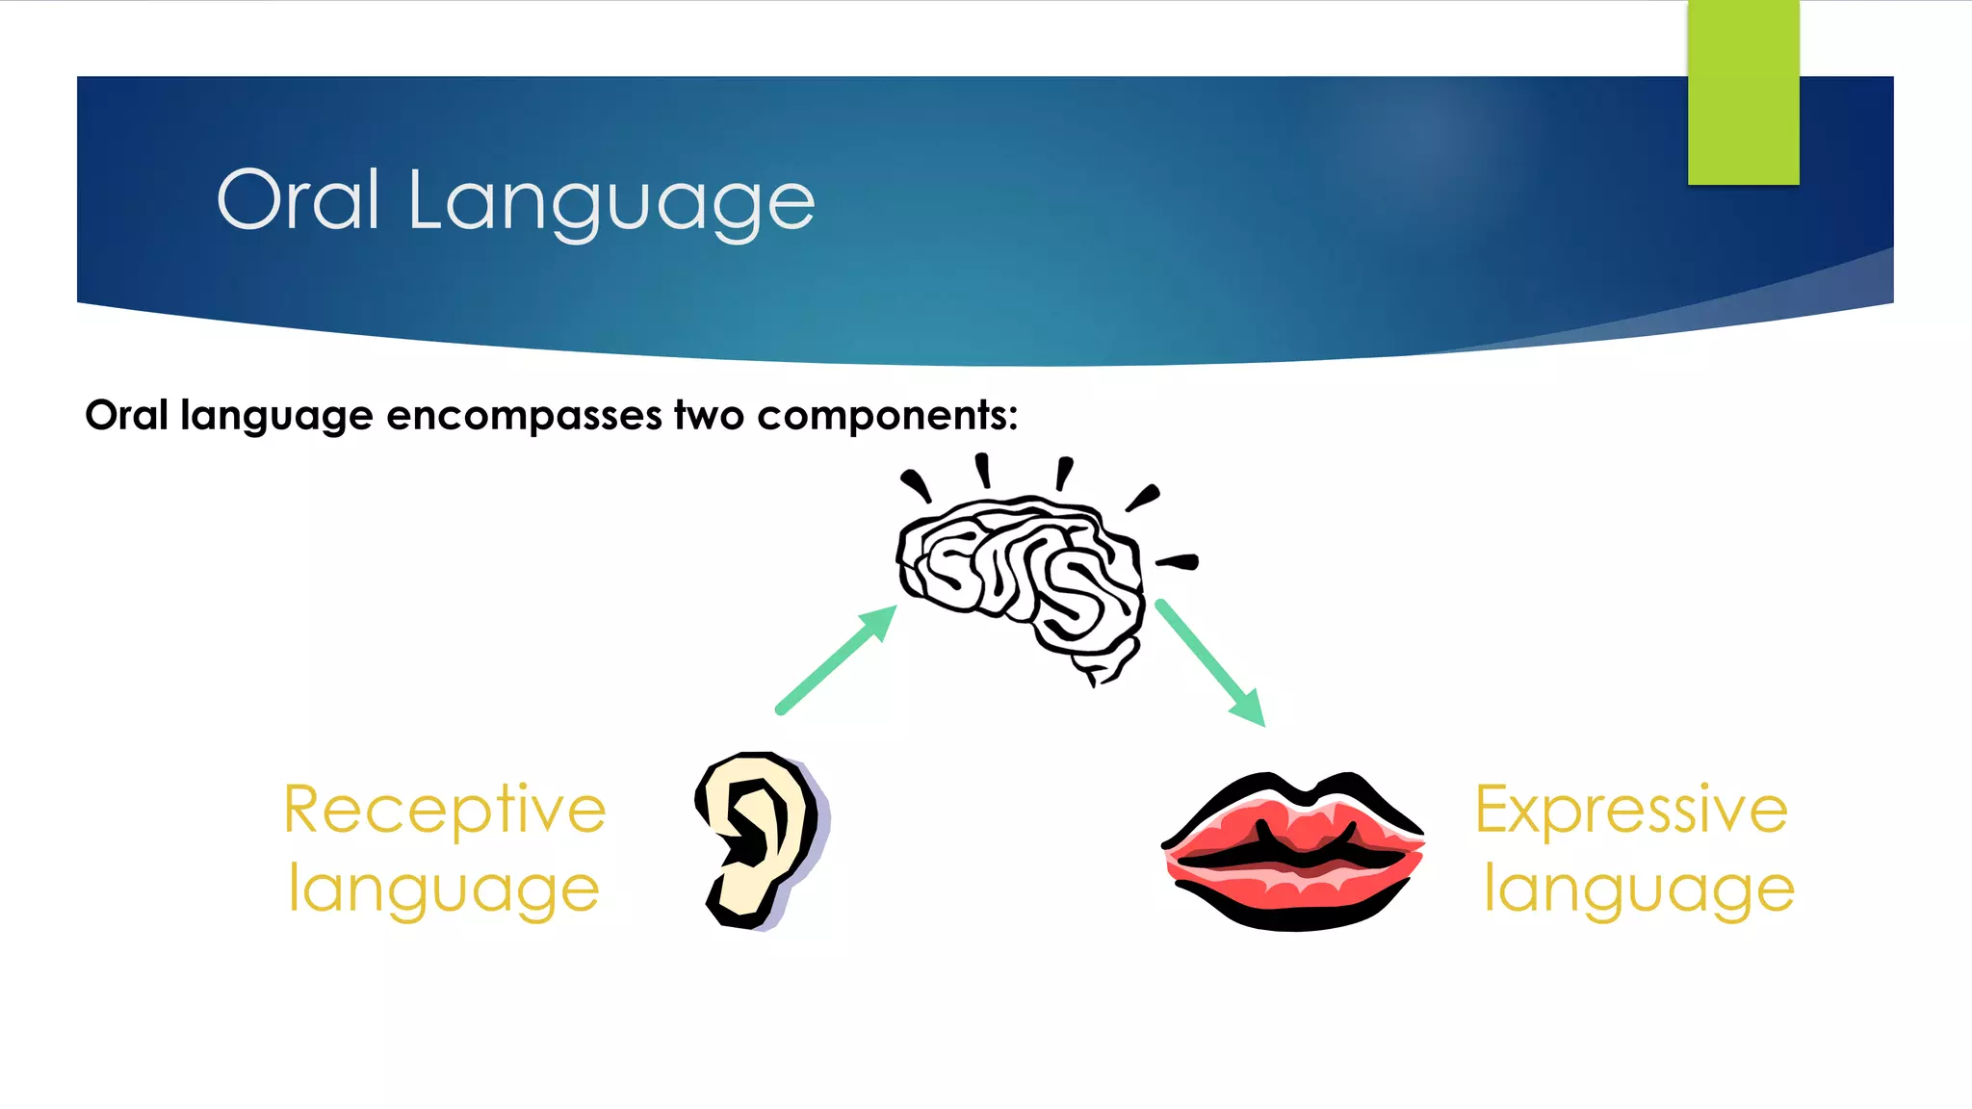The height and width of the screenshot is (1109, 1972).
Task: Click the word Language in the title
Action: (611, 204)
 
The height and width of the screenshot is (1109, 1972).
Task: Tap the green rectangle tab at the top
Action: (1743, 92)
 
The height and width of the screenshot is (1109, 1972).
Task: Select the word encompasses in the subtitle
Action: (524, 416)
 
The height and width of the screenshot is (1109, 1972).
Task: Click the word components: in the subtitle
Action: (887, 416)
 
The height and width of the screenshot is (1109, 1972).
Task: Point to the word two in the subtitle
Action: (709, 416)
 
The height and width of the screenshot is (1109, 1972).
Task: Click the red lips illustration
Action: (1293, 852)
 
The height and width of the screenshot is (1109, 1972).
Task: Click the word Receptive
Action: (445, 811)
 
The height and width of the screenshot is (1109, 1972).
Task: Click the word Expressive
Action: (1631, 811)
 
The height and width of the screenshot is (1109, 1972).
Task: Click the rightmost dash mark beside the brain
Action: (1178, 561)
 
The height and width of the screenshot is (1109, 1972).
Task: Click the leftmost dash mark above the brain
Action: (916, 484)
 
